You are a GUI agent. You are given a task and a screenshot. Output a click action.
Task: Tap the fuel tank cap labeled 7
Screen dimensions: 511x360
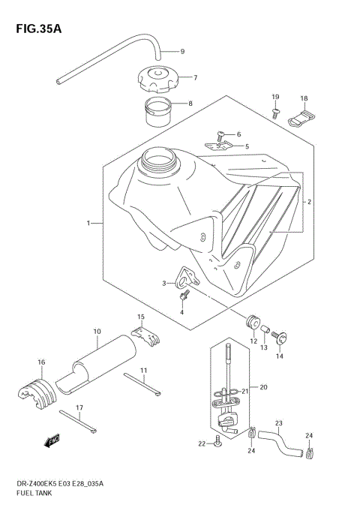click(157, 78)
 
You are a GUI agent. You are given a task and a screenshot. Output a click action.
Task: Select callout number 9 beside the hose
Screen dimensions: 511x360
click(181, 52)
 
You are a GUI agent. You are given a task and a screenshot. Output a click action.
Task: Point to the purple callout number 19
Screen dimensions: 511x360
click(274, 98)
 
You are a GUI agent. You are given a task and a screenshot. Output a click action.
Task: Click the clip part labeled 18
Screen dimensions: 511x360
click(303, 116)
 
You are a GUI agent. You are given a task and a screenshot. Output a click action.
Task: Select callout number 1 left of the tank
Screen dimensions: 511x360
click(88, 223)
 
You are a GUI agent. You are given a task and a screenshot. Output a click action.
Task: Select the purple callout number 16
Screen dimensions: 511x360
click(42, 362)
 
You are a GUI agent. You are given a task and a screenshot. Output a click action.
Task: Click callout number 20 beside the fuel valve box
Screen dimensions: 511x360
click(263, 387)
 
